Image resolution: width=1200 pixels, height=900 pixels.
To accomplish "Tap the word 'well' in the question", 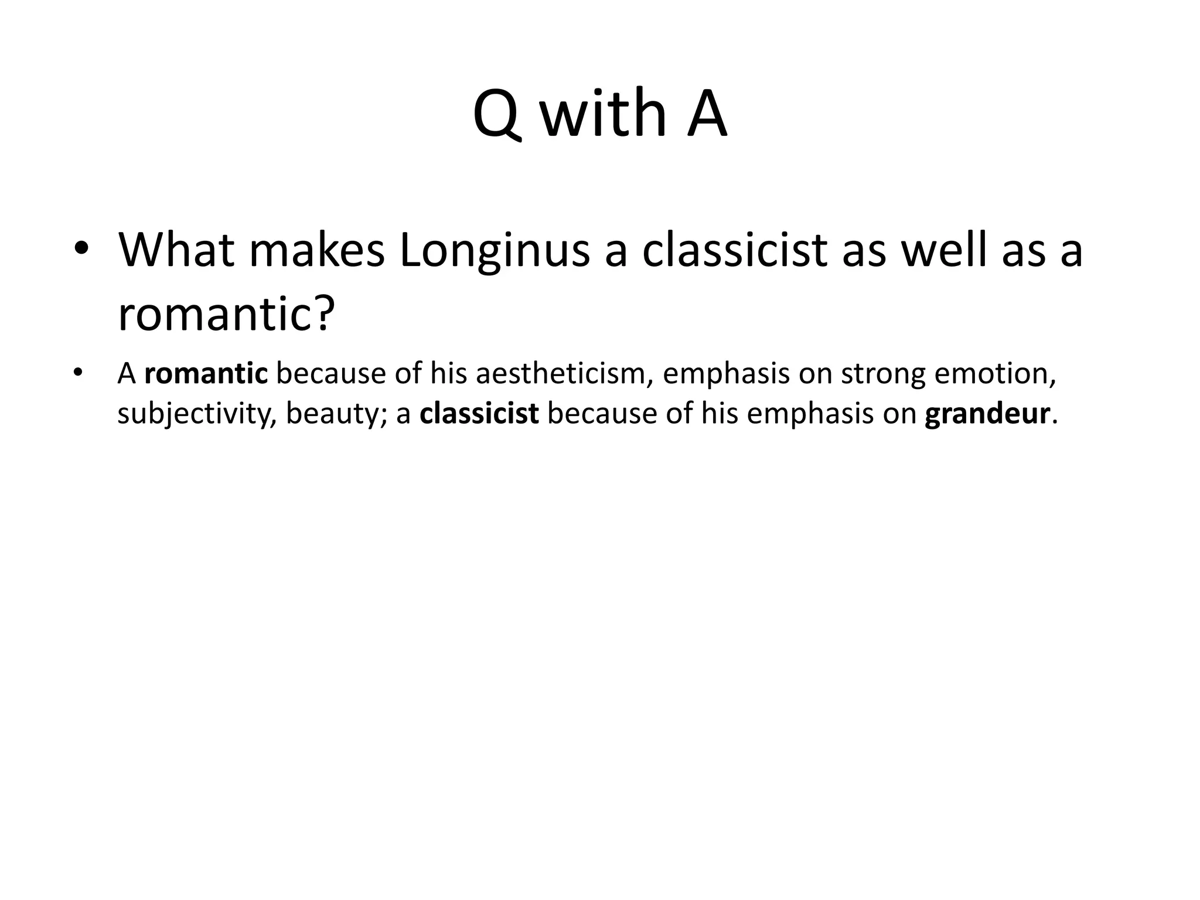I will tap(943, 250).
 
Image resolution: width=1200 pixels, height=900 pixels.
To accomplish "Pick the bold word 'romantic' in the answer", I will tap(206, 374).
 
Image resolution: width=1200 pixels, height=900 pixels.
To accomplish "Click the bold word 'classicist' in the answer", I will tap(479, 414).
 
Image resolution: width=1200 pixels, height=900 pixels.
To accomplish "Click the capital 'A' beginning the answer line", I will tap(127, 374).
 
